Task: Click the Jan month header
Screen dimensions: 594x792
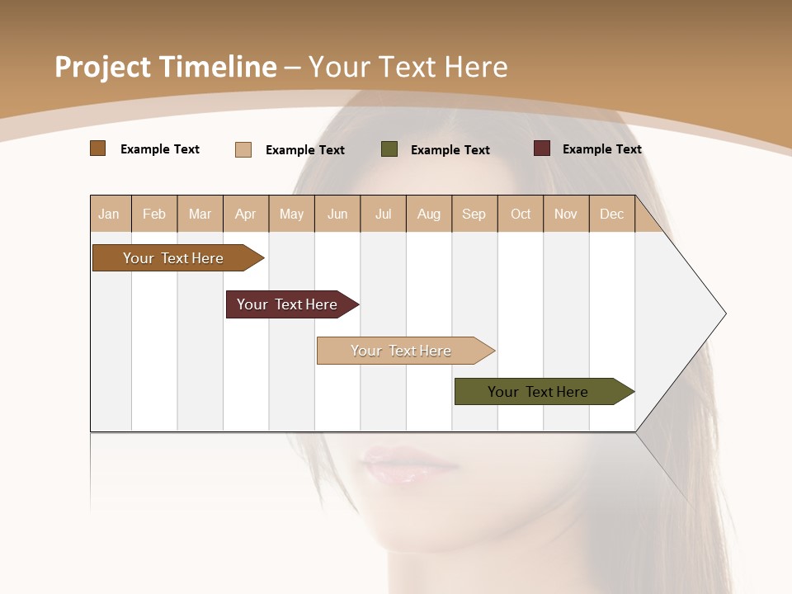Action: (x=109, y=214)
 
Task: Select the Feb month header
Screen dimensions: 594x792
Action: (x=154, y=214)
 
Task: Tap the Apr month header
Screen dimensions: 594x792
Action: (x=245, y=214)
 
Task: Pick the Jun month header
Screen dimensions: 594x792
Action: (x=337, y=214)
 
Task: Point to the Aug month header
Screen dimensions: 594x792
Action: (x=428, y=214)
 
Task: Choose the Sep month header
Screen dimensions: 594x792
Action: (x=474, y=214)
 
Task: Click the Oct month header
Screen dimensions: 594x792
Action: (x=521, y=214)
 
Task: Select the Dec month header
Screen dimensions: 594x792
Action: (x=611, y=214)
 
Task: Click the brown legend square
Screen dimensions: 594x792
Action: (x=97, y=148)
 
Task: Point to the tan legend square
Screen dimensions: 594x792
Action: (x=243, y=149)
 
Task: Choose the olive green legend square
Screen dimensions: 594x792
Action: (x=389, y=148)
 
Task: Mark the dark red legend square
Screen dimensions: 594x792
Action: (x=542, y=148)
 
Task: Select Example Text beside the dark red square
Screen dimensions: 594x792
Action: (x=601, y=149)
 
